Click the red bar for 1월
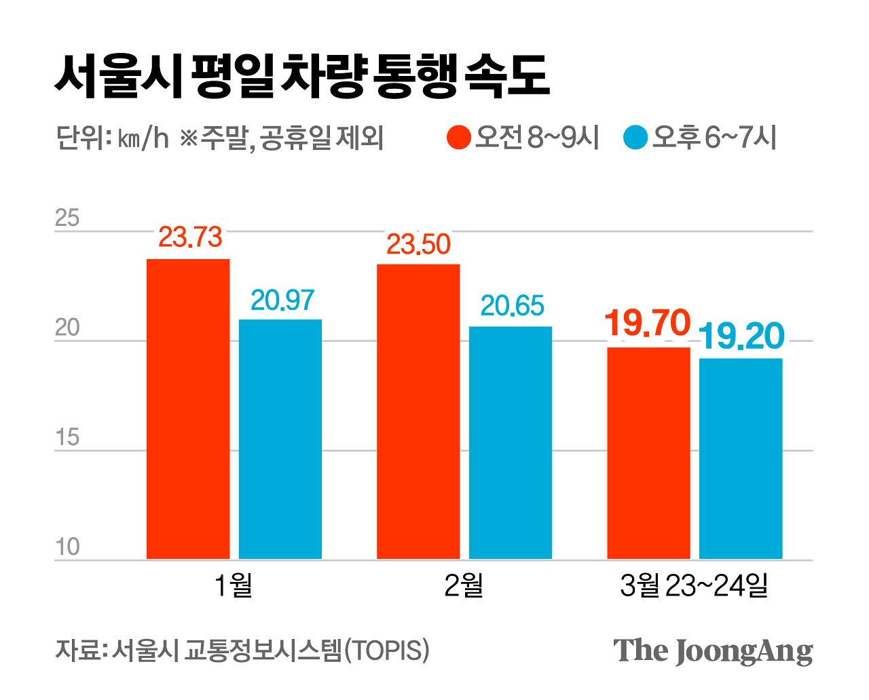pos(188,409)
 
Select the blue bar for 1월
pos(280,439)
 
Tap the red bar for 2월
pos(418,411)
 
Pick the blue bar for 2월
pos(511,442)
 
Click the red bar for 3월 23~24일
pos(648,453)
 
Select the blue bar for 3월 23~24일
pos(741,459)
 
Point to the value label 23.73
pos(190,237)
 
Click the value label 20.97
pos(282,300)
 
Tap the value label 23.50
pos(418,244)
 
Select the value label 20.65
pos(512,307)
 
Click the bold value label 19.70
pos(647,324)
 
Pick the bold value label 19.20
pos(741,336)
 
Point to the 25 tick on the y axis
pos(67,218)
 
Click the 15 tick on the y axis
pos(67,437)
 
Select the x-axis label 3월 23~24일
pos(694,585)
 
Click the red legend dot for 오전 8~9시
pos(460,138)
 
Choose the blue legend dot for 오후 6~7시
pos(635,138)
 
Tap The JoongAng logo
pos(713,651)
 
